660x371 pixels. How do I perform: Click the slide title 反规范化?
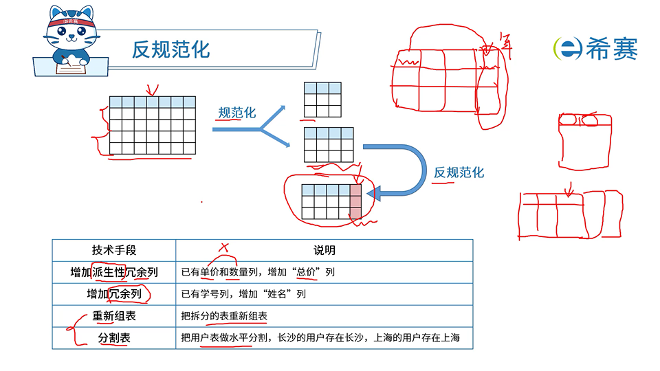171,49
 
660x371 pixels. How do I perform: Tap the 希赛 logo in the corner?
595,49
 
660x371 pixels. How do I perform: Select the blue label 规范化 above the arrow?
236,113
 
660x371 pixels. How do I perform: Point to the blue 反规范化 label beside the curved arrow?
459,172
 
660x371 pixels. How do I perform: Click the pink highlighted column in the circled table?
355,201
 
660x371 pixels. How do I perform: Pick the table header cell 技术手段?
114,250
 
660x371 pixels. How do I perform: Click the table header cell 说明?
324,250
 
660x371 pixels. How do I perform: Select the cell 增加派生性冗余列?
114,272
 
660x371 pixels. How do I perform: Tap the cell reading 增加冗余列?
114,294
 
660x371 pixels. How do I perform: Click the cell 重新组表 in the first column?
114,316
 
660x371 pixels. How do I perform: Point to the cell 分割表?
114,338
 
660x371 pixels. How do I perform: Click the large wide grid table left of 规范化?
153,125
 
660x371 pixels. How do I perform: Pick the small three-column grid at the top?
322,100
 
